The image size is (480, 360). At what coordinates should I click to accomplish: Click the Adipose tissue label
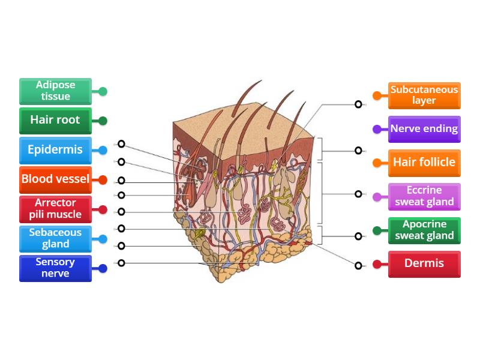[55, 91]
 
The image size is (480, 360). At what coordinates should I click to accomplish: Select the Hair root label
[55, 120]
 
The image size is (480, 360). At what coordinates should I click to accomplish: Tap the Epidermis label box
[55, 149]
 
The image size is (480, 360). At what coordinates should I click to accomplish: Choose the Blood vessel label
[55, 179]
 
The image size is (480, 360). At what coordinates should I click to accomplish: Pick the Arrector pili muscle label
[55, 209]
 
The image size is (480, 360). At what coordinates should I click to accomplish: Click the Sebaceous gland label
[55, 238]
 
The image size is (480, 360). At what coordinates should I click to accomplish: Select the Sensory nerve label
[55, 268]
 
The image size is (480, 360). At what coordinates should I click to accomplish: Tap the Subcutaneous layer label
[424, 95]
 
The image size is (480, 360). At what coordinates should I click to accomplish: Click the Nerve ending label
[424, 128]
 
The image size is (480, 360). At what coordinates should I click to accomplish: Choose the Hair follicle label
[424, 162]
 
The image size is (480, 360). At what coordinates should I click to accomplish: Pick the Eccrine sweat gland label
[424, 196]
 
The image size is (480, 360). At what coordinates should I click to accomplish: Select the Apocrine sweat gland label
[424, 230]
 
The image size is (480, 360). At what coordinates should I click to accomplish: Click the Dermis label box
[424, 263]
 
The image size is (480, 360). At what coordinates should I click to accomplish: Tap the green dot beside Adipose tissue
[103, 92]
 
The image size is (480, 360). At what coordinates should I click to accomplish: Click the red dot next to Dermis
[377, 264]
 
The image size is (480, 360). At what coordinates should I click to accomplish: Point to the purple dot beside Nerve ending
[377, 129]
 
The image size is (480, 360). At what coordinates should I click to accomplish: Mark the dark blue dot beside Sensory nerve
[103, 269]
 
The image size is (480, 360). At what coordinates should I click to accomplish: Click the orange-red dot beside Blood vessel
[103, 179]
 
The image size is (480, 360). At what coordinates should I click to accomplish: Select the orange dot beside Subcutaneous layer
[377, 95]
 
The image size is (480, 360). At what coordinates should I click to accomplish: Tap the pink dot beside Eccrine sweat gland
[377, 197]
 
